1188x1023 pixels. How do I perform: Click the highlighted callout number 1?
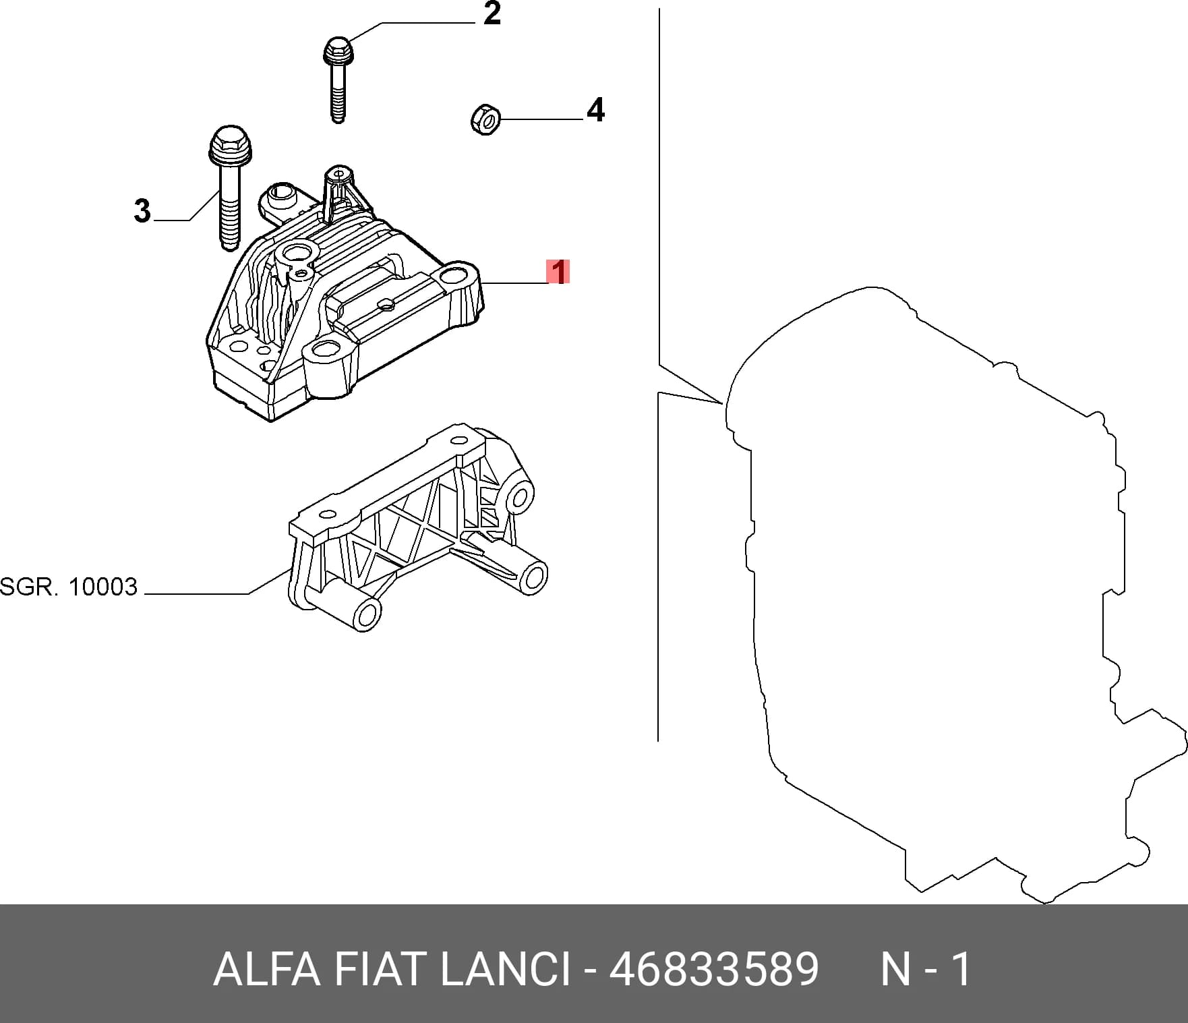coord(558,272)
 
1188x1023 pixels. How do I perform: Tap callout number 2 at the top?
coord(492,14)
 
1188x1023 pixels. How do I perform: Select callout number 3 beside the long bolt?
coord(142,210)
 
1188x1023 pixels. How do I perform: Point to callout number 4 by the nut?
coord(595,110)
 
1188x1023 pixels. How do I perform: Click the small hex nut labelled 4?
coord(485,119)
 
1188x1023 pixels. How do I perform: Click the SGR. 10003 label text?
coord(69,587)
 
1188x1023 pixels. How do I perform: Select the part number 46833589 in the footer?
coord(714,970)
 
